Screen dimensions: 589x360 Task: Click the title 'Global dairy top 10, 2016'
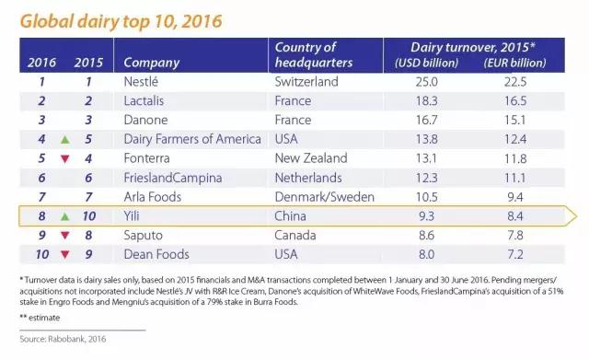coord(121,21)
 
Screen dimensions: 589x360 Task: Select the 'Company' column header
coord(152,63)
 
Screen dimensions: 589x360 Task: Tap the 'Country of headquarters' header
coord(314,55)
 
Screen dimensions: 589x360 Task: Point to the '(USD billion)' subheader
coord(426,63)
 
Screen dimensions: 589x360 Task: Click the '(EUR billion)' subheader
coord(514,63)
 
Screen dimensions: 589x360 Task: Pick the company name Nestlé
coord(141,82)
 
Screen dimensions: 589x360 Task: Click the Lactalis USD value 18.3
coord(426,100)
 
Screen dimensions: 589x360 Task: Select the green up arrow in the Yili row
coord(65,216)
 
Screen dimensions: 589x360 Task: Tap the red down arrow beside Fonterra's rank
coord(65,159)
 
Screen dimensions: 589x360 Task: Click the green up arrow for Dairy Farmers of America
coord(65,140)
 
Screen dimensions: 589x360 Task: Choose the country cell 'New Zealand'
coord(311,158)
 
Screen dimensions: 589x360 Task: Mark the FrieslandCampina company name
coord(173,178)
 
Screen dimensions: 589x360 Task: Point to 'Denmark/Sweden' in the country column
coord(325,197)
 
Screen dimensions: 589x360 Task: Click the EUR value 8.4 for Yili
coord(515,216)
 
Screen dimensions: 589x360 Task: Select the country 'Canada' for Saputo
coord(295,235)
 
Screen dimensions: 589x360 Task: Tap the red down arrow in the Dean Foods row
coord(65,255)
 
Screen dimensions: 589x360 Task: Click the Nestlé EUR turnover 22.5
coord(515,82)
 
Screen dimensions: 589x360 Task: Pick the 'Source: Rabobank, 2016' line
coord(63,339)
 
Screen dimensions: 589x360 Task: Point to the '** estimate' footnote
coord(40,318)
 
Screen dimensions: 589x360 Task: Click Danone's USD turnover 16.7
coord(426,120)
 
